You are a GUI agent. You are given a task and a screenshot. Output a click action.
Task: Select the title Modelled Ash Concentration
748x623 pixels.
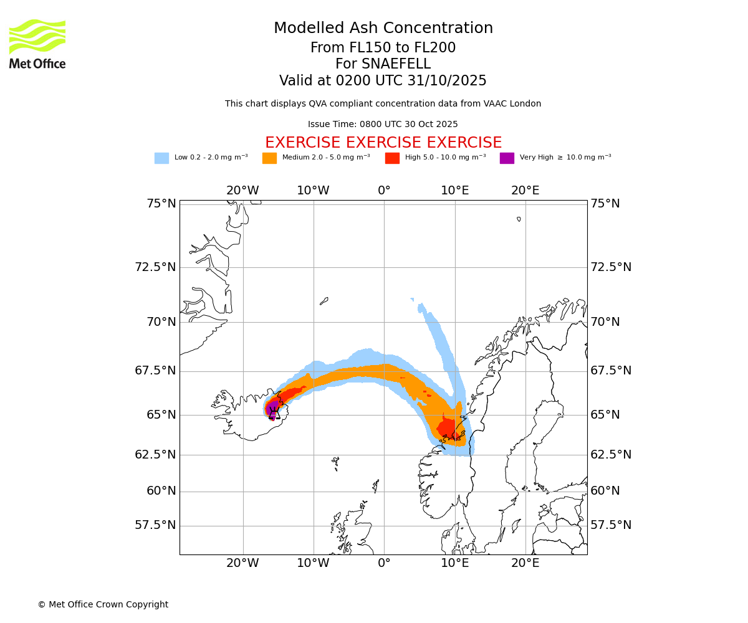(383, 29)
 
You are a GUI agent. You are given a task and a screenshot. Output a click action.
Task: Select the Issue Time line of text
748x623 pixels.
(383, 125)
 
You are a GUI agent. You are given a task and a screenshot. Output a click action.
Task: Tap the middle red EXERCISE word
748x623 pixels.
(383, 143)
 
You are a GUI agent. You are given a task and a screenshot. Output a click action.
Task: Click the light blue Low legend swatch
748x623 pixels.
(161, 158)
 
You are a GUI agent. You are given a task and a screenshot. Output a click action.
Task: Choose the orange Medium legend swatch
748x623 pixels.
(269, 158)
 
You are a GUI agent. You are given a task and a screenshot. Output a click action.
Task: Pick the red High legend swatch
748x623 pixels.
(392, 158)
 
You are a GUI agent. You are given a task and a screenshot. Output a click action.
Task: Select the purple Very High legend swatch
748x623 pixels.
(507, 158)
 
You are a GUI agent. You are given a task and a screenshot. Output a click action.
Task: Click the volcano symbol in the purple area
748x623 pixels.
(273, 412)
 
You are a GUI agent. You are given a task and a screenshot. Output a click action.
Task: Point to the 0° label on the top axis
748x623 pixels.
(384, 191)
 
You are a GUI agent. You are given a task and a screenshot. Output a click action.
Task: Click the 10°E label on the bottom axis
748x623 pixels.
(455, 564)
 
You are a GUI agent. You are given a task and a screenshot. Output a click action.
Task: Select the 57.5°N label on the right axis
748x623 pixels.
(611, 525)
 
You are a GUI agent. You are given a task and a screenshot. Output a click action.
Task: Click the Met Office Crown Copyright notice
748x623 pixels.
(103, 605)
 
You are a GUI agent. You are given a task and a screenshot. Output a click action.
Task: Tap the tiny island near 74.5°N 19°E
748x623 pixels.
(519, 219)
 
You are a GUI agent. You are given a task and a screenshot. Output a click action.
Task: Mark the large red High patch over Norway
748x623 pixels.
(447, 428)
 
